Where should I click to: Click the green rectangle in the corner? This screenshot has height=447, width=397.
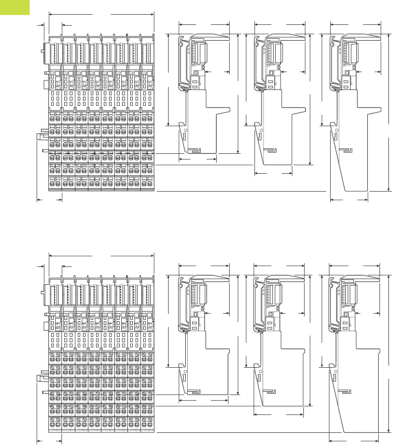[x=15, y=7]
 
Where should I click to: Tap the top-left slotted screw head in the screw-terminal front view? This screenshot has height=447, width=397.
[x=52, y=355]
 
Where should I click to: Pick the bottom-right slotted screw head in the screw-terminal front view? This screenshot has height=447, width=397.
[x=151, y=423]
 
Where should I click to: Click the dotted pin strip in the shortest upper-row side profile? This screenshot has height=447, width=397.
[x=193, y=51]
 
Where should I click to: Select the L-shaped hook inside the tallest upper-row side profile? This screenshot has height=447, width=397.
[x=347, y=150]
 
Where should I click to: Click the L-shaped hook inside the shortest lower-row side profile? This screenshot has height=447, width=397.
[x=195, y=391]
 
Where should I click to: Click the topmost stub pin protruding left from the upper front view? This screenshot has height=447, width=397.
[x=42, y=51]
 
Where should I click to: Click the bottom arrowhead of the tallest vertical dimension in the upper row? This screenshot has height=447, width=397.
[x=388, y=190]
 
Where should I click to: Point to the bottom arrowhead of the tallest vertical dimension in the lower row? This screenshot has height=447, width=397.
[x=388, y=431]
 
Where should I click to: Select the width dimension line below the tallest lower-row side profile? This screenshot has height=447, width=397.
[x=354, y=440]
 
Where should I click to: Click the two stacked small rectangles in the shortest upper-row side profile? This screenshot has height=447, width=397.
[x=195, y=84]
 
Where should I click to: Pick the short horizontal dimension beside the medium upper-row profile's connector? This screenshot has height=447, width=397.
[x=293, y=72]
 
